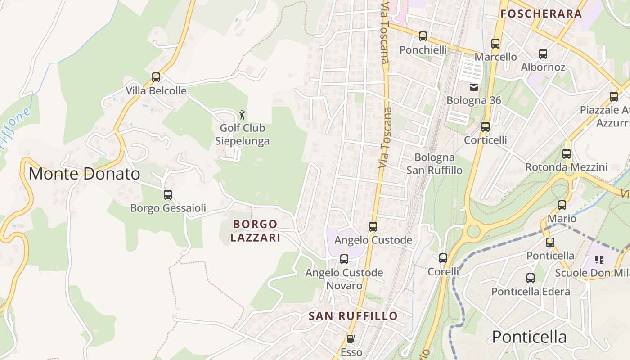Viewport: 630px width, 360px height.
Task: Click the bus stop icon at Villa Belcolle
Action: coord(156,77)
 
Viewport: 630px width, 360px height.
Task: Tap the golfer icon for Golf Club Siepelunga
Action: coord(242,115)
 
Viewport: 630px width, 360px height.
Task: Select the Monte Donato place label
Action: coord(84,174)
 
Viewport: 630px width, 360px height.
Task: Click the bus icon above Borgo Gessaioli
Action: coord(168,195)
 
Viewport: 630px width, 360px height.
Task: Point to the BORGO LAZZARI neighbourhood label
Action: coord(255,230)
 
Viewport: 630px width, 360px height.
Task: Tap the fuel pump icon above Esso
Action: coord(351,339)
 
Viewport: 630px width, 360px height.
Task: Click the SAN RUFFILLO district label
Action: coord(353,316)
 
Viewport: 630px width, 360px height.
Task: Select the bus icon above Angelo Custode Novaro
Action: coord(344,259)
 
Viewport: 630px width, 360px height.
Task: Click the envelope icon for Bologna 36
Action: coord(474,87)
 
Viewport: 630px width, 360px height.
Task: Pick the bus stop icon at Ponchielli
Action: coord(423,36)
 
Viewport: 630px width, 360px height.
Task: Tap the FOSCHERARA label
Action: coord(541,13)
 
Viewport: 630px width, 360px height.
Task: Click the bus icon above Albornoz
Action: coord(543,54)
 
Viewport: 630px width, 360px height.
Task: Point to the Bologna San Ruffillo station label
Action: coord(434,164)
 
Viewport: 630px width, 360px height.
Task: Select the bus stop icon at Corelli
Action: coord(443,258)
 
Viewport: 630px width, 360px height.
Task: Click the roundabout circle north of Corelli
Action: coord(473,231)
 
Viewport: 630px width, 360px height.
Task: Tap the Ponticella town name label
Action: coord(529,337)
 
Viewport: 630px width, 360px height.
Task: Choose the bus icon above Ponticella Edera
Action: coord(531,278)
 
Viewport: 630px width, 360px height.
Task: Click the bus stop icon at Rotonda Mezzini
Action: coord(567,154)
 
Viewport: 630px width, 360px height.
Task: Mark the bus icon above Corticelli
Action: coord(486,127)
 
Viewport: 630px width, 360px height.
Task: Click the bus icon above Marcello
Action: coord(495,44)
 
